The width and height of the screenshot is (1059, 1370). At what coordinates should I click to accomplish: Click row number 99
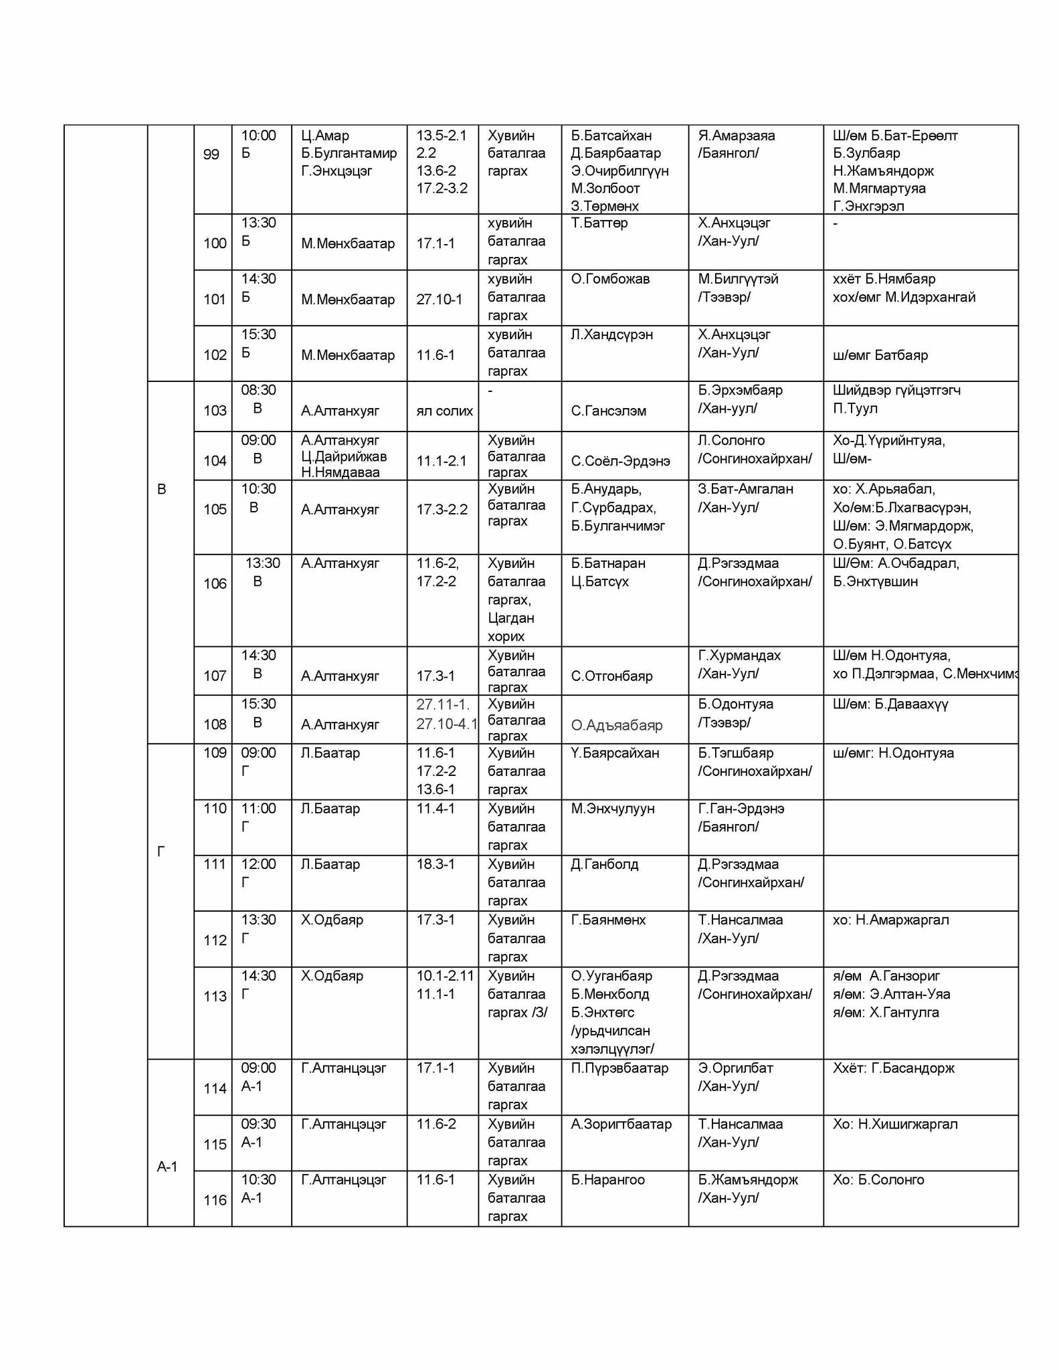[211, 155]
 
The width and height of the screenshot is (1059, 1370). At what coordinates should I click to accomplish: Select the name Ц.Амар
[325, 136]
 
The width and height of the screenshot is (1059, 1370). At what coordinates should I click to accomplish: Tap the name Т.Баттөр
[599, 223]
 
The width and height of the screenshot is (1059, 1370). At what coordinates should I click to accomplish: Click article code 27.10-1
[440, 299]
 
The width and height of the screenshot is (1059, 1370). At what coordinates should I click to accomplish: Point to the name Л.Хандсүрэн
[611, 334]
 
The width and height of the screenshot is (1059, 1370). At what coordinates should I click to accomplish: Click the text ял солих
[444, 411]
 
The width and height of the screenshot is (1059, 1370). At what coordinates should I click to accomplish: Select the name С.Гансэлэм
[608, 411]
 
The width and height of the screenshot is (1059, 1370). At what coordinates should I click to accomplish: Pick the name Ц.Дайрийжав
[344, 457]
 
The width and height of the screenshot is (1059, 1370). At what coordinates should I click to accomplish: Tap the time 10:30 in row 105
[258, 489]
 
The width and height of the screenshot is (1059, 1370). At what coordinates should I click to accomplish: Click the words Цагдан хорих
[511, 627]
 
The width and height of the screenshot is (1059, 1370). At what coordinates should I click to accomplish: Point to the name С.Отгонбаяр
[611, 676]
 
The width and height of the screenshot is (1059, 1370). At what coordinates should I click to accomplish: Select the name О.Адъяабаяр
[617, 725]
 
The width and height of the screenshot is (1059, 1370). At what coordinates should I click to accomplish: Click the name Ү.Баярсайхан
[615, 753]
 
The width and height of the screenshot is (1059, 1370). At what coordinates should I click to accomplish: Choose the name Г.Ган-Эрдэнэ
[741, 809]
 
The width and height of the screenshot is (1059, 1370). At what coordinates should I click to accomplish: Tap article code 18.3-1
[436, 864]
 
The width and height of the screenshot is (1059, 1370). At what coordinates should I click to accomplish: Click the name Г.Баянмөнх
[608, 920]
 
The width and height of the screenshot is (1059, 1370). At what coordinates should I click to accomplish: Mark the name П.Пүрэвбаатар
[619, 1068]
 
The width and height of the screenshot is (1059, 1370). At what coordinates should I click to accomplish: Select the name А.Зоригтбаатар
[621, 1124]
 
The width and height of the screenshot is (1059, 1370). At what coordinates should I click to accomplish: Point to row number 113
[215, 996]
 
